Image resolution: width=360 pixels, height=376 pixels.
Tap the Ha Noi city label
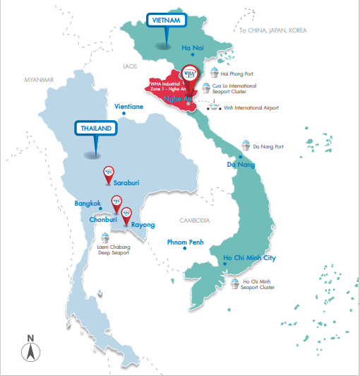(x=192, y=48)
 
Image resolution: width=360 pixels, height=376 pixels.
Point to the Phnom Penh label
(x=185, y=242)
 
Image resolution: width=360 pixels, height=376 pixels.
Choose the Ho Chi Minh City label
(x=249, y=258)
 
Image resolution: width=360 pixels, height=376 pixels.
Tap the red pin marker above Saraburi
(x=109, y=171)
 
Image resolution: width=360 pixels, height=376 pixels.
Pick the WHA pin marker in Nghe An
(x=189, y=73)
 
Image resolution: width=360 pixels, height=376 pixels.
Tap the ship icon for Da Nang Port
(x=246, y=144)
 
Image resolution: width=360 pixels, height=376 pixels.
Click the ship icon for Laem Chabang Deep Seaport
(x=104, y=237)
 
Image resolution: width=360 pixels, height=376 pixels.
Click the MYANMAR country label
(x=38, y=80)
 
